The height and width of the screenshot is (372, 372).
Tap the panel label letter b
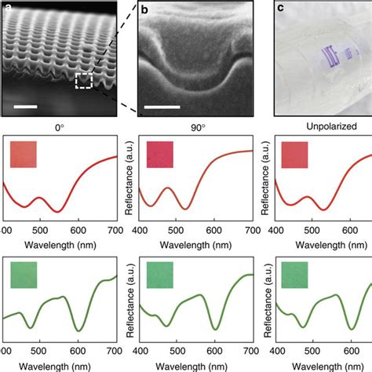coord(145,9)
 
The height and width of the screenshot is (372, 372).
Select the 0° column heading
coord(57,125)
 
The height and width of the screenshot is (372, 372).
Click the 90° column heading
coord(193,125)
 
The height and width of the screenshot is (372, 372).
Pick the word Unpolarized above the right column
coord(327,126)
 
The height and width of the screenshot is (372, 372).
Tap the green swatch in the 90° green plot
coord(159,277)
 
